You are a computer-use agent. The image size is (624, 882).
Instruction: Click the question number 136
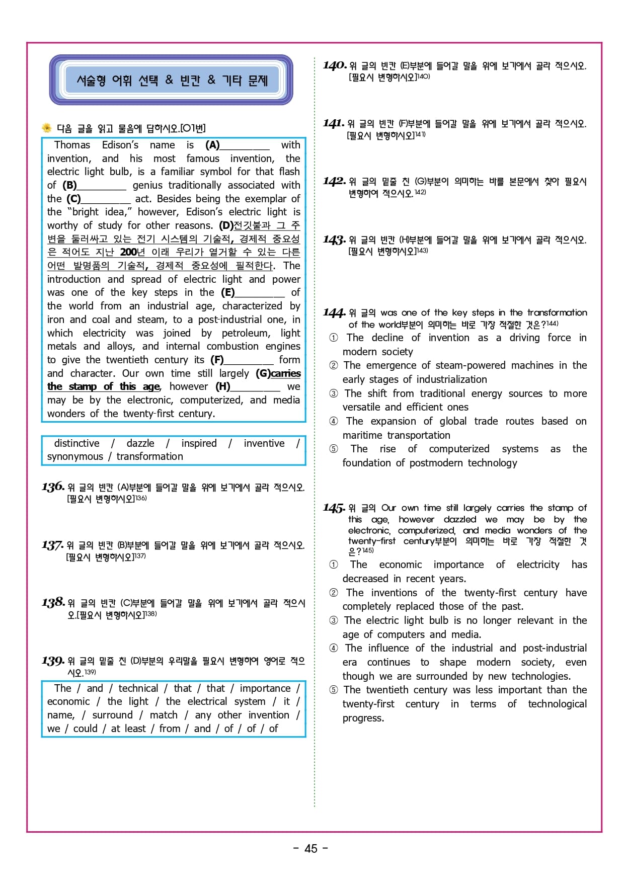click(53, 487)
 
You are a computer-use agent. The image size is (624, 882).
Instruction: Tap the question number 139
click(53, 661)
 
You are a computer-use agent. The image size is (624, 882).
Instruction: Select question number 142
click(334, 181)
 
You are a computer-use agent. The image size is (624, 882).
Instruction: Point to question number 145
click(334, 508)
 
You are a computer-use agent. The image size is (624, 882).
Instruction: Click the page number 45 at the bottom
click(311, 848)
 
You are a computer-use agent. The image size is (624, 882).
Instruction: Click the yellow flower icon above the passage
click(47, 128)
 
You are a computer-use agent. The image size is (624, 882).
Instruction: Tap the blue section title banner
click(171, 80)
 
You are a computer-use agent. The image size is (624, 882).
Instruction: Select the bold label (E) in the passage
click(227, 292)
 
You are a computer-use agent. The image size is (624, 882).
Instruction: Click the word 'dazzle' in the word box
click(140, 443)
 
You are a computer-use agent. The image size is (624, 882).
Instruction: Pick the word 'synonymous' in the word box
click(75, 456)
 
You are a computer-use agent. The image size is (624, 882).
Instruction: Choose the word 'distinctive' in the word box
click(76, 443)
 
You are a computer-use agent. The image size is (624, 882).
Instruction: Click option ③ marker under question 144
click(334, 393)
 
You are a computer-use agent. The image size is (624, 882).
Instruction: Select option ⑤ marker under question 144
click(334, 449)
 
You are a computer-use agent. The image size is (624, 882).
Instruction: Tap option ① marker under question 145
click(334, 565)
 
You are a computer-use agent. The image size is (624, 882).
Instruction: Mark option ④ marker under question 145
click(334, 648)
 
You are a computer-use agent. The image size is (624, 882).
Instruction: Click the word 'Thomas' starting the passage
click(72, 145)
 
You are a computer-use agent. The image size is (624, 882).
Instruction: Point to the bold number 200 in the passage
click(128, 252)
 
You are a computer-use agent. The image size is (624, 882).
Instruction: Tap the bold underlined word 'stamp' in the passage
click(83, 386)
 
